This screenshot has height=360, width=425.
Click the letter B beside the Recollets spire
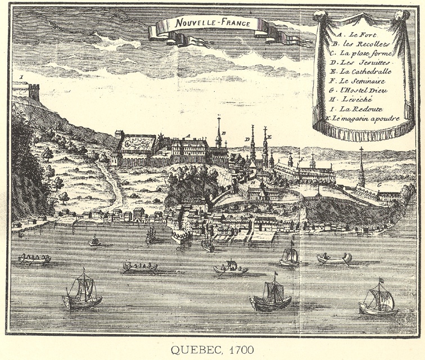[x=224, y=133]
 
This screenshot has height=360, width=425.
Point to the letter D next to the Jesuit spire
[x=247, y=138]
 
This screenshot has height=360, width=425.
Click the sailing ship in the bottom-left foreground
[x=82, y=292]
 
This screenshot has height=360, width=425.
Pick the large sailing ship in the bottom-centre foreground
[x=271, y=295]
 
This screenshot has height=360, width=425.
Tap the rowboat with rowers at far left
[x=34, y=259]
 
